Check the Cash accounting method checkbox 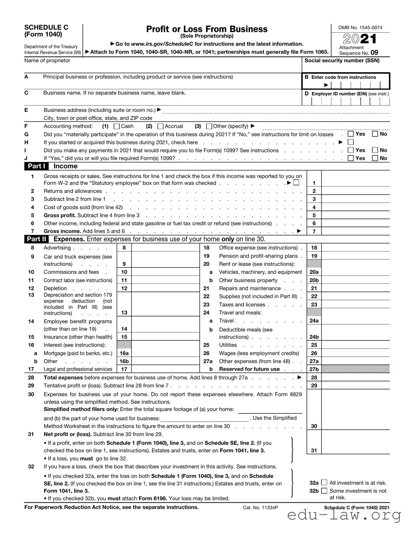[x=117, y=127]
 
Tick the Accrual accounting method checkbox [x=161, y=127]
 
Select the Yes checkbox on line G [x=350, y=134]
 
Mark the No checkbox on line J [x=375, y=158]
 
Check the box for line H [x=350, y=142]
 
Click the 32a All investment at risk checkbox [x=324, y=483]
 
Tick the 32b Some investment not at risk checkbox [x=324, y=491]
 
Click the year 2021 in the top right [x=360, y=39]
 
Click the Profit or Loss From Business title [x=207, y=29]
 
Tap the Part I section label [x=37, y=166]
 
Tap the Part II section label [x=37, y=239]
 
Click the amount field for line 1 [x=355, y=180]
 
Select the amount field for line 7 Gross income [x=355, y=232]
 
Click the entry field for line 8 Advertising [x=165, y=248]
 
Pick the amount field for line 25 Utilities [x=355, y=345]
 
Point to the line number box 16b [x=124, y=362]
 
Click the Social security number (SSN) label [x=342, y=61]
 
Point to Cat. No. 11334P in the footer [x=260, y=508]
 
